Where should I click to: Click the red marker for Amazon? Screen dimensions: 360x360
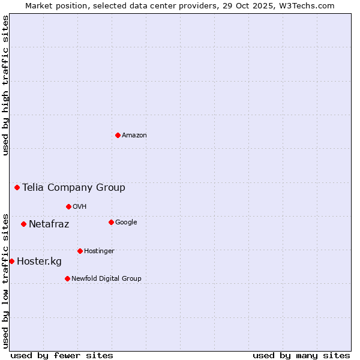(x=118, y=135)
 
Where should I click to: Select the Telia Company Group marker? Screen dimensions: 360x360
(x=17, y=187)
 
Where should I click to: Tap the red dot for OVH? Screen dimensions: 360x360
(x=68, y=206)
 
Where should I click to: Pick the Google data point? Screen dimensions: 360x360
(x=111, y=222)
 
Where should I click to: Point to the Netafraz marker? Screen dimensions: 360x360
(x=23, y=224)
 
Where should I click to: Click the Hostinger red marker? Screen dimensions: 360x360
(x=80, y=251)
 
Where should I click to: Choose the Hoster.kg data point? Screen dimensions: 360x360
(x=11, y=261)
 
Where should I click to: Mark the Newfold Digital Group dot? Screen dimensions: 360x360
(x=67, y=278)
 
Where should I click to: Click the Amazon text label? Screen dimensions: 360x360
(x=134, y=135)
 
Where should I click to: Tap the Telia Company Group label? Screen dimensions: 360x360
(x=74, y=187)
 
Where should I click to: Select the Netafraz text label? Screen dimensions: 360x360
(x=49, y=224)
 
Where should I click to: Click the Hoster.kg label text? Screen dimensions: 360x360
(x=39, y=261)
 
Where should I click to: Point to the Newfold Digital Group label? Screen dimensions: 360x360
(x=106, y=278)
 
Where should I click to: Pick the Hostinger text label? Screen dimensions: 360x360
(x=99, y=251)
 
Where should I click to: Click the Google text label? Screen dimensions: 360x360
(x=126, y=222)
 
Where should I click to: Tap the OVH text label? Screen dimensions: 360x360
(x=80, y=206)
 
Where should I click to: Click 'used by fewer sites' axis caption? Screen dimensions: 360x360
(x=62, y=355)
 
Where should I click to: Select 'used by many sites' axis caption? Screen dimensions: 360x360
(x=301, y=355)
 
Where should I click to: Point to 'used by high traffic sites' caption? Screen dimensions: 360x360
(x=5, y=85)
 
